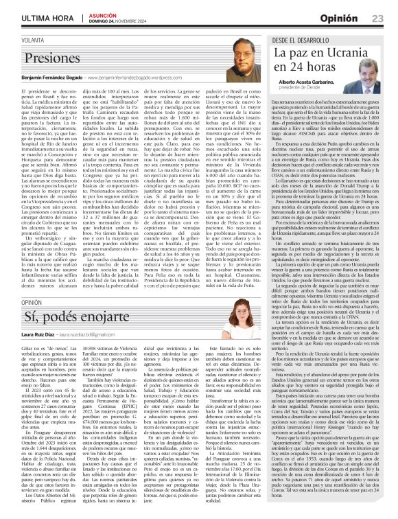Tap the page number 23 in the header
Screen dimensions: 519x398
[x=377, y=17]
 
